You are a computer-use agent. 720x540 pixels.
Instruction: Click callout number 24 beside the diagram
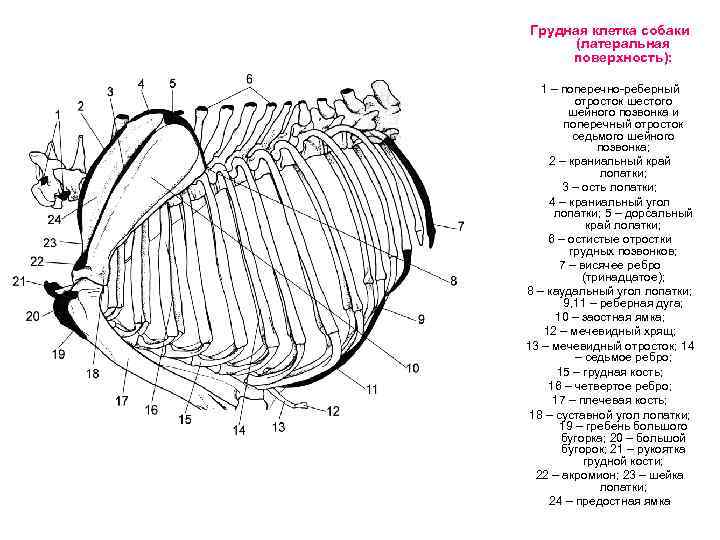point(53,219)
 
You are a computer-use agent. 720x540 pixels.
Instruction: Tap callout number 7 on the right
point(461,225)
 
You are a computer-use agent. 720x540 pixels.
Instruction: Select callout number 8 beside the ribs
point(453,281)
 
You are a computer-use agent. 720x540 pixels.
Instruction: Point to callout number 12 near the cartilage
point(333,411)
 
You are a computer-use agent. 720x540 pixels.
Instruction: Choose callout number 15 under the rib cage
point(185,420)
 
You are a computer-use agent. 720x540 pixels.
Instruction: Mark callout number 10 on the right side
point(412,369)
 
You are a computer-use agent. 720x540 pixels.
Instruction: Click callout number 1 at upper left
point(58,115)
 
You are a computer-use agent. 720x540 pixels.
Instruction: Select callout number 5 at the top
point(172,83)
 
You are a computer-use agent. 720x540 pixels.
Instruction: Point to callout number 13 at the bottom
point(278,427)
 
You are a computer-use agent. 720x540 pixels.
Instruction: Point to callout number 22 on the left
point(37,261)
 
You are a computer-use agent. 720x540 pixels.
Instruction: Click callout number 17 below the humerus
point(121,400)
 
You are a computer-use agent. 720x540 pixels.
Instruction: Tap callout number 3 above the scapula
point(110,91)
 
